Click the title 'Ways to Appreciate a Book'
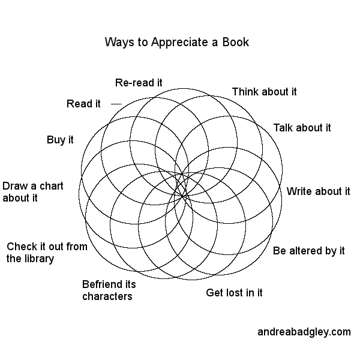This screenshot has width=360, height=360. click(x=176, y=43)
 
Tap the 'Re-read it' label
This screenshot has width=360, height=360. click(x=139, y=82)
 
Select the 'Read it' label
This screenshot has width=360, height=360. click(x=83, y=104)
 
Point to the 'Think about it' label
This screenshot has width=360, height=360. click(x=264, y=92)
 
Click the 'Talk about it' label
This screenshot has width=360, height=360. click(x=302, y=128)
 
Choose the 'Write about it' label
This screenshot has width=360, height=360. click(x=318, y=192)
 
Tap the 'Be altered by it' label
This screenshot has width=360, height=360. click(x=309, y=251)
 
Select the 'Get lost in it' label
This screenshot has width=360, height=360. click(x=234, y=293)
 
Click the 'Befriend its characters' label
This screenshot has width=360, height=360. click(x=108, y=290)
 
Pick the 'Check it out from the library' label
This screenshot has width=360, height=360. click(x=47, y=253)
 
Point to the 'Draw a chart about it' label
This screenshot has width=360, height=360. click(x=33, y=192)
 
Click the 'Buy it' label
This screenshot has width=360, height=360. click(x=60, y=140)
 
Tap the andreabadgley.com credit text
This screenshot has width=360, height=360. click(x=304, y=331)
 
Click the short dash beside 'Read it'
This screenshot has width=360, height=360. click(x=116, y=104)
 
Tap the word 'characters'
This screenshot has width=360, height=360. click(x=107, y=296)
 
